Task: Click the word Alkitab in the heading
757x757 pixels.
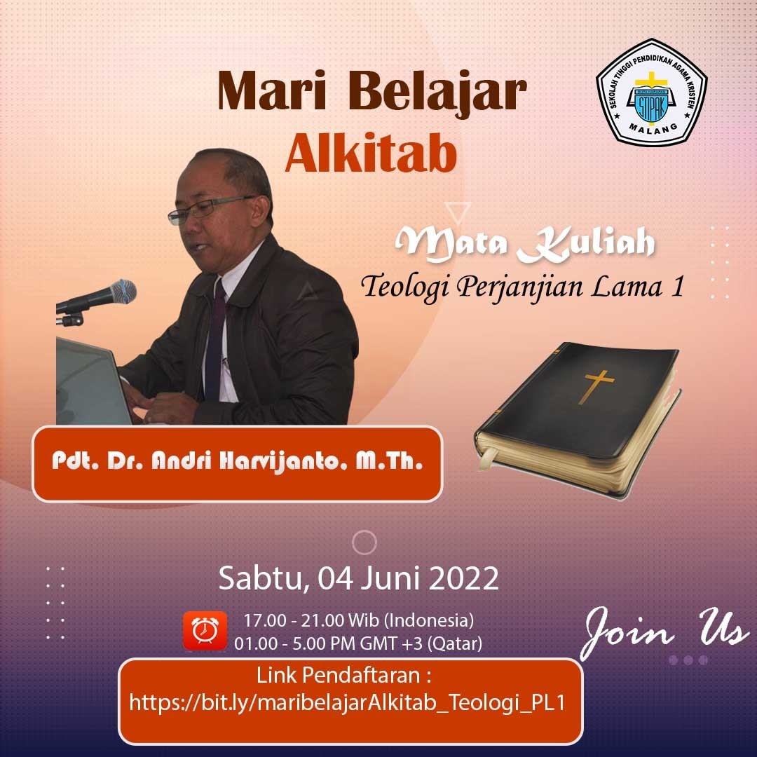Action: click(x=371, y=153)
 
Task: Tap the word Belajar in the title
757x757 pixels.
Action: click(x=437, y=93)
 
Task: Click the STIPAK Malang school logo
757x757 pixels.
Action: click(x=652, y=93)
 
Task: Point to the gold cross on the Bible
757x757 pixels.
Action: click(x=596, y=386)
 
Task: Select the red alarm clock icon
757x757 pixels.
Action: click(x=205, y=630)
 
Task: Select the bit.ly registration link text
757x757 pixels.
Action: click(x=347, y=702)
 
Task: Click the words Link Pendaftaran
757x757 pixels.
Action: click(x=343, y=675)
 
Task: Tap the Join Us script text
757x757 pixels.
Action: click(x=664, y=632)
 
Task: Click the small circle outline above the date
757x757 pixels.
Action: click(x=364, y=542)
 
